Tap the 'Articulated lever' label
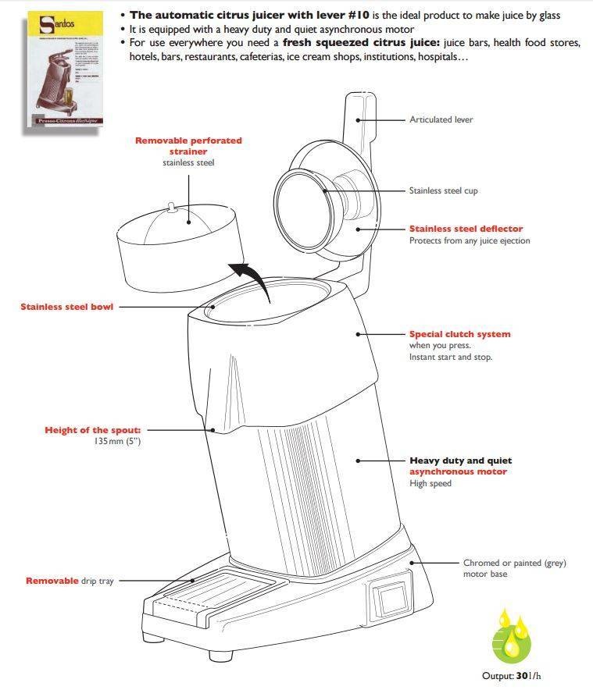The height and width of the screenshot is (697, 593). click(x=441, y=119)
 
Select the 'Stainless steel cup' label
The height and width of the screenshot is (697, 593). click(x=443, y=190)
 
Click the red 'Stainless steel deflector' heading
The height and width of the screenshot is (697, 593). click(x=466, y=229)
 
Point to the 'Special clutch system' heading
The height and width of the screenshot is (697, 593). click(x=459, y=334)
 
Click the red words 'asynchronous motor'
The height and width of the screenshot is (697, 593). click(x=458, y=471)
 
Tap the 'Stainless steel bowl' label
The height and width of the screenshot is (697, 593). click(x=66, y=307)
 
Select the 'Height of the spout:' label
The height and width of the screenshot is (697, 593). click(x=92, y=430)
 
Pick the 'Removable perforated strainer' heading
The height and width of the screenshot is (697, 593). click(x=188, y=145)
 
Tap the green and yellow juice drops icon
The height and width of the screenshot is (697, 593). click(x=515, y=636)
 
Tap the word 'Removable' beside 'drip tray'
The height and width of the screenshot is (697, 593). click(x=52, y=581)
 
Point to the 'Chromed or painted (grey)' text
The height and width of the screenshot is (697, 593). click(x=514, y=563)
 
